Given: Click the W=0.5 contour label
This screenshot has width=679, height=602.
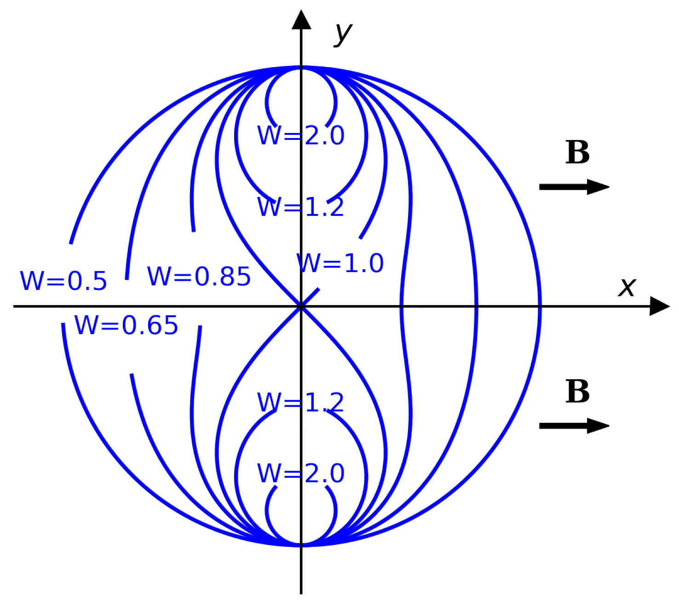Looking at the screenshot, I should point(63,280).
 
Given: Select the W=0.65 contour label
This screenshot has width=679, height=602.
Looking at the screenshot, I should point(126,325).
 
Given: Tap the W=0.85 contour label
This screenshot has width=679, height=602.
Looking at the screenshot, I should point(199,276).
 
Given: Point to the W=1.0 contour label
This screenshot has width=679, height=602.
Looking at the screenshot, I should point(340,263).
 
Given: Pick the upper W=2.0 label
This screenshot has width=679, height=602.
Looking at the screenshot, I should point(301,135).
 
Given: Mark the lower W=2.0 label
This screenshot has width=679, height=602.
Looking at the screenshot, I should point(301,473).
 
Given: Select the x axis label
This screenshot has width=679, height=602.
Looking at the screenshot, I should point(627,287).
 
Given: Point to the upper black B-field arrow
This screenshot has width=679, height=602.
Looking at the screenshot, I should point(574,187).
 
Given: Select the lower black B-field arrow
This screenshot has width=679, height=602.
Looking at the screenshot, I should point(574,426).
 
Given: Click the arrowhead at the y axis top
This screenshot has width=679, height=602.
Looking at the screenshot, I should point(301,19).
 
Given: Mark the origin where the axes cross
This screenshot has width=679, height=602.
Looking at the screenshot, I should point(301,306).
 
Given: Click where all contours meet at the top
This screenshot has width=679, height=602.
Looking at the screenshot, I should point(301,67).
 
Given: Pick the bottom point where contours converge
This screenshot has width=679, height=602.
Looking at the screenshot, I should point(301,545).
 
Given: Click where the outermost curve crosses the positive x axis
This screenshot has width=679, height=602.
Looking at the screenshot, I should point(540,306).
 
